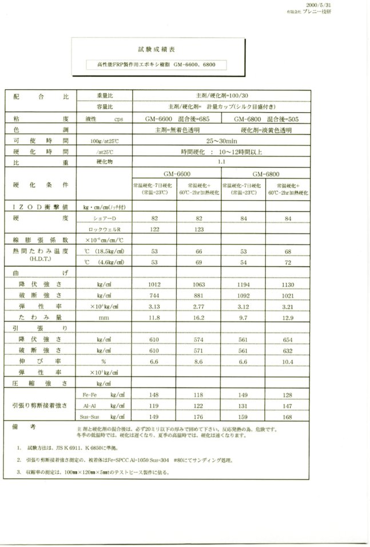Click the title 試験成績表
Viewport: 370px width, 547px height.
coord(150,50)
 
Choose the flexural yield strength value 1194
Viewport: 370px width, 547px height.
coord(244,283)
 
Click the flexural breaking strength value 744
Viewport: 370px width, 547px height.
coord(154,295)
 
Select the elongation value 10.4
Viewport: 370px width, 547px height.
coord(288,362)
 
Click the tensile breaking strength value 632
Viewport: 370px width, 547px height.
coord(288,350)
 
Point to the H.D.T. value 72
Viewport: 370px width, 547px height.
coord(288,262)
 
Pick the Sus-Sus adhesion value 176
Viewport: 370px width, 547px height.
coord(199,417)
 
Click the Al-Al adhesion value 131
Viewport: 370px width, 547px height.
coord(244,405)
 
